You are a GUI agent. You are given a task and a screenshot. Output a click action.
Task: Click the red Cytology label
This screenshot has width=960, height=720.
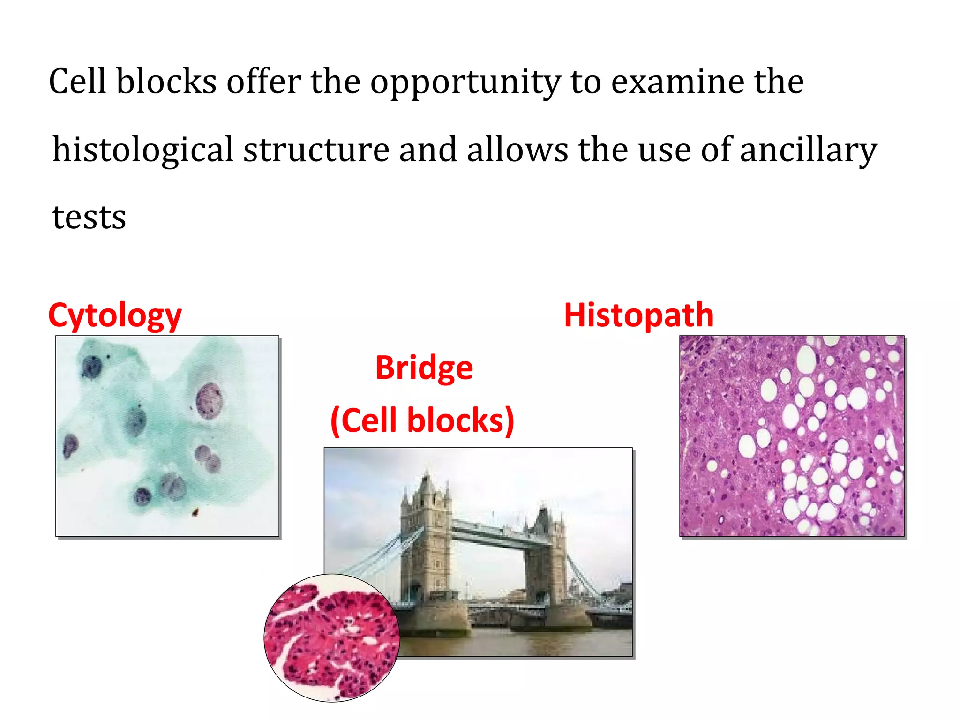click(x=115, y=315)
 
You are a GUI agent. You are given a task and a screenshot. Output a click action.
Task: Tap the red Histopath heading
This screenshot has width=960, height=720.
click(x=638, y=315)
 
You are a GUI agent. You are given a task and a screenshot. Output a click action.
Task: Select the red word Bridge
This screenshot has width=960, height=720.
click(x=424, y=367)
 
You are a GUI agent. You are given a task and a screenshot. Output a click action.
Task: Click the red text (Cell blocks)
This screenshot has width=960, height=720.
click(x=422, y=420)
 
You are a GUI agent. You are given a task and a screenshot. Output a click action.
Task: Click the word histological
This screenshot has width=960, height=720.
click(x=143, y=150)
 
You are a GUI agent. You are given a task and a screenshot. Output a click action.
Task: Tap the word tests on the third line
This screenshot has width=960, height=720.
click(x=89, y=217)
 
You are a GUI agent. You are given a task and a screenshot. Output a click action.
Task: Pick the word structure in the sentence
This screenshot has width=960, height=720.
click(x=316, y=150)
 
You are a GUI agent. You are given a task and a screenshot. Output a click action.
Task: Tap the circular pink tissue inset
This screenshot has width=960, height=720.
click(x=331, y=638)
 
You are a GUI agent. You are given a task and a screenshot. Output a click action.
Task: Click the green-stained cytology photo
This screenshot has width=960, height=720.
click(x=167, y=435)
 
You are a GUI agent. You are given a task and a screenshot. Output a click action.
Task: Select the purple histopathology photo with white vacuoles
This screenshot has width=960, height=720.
click(x=792, y=435)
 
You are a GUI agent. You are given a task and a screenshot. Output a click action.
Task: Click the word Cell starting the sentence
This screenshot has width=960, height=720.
click(x=77, y=82)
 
